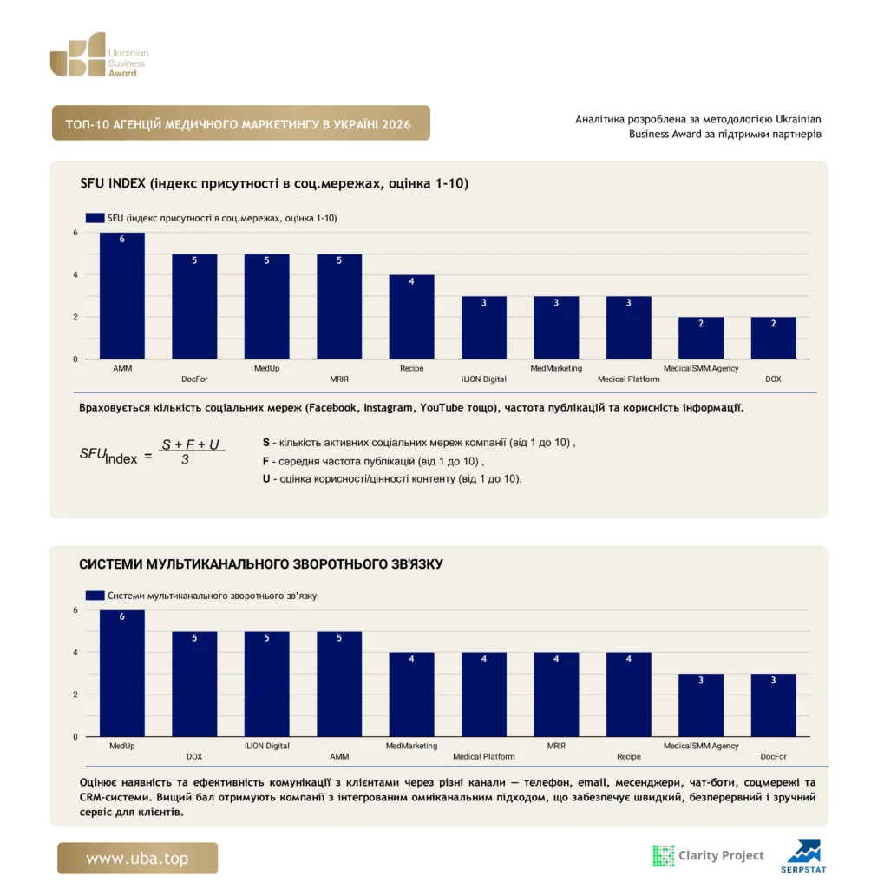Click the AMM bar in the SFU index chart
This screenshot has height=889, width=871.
[x=121, y=295]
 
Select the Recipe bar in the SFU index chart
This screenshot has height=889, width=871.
[x=411, y=317]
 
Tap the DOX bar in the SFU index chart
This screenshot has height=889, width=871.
[x=773, y=338]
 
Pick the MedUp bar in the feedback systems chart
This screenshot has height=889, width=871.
[x=121, y=674]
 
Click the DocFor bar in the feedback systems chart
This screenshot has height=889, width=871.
[x=773, y=705]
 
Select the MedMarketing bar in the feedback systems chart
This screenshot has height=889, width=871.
[x=411, y=695]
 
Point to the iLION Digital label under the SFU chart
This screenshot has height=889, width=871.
[x=484, y=379]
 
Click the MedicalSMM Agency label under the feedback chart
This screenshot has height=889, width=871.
[x=701, y=746]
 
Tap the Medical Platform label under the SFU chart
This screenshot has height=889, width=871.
[x=628, y=379]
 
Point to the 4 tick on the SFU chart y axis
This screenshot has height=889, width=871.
[x=75, y=275]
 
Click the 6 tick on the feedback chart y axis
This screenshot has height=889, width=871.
[x=75, y=610]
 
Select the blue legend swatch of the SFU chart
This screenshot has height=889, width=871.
[x=95, y=218]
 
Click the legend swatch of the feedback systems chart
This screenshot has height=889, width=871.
[x=95, y=596]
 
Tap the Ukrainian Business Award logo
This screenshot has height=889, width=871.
[x=99, y=55]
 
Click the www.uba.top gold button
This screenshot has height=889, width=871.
[x=137, y=858]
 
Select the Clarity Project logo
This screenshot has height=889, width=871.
[x=709, y=855]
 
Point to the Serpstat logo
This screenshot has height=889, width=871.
[x=803, y=856]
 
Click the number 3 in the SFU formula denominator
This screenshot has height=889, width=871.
[x=185, y=460]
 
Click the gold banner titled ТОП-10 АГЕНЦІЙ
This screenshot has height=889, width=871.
[x=241, y=122]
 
